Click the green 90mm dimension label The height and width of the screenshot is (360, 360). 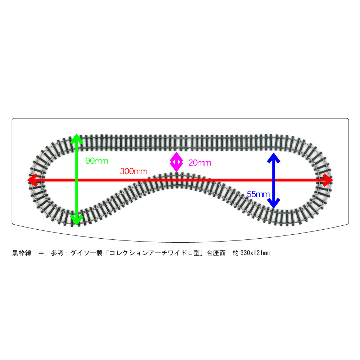(x=96, y=161)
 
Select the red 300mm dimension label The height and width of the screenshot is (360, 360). (x=134, y=171)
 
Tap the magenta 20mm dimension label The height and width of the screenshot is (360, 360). (x=200, y=163)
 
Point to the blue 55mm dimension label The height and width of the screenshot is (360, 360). (x=258, y=194)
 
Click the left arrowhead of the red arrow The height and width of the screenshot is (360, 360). (x=33, y=180)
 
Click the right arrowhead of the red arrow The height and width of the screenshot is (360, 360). (x=327, y=180)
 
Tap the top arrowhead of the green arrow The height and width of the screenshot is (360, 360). (x=77, y=139)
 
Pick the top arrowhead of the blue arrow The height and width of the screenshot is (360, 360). (x=274, y=158)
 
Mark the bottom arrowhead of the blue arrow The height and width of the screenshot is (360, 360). (x=274, y=203)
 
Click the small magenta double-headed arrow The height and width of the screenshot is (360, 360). (x=176, y=162)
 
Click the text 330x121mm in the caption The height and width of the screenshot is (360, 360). (x=255, y=253)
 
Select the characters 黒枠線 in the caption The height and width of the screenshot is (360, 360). (x=22, y=253)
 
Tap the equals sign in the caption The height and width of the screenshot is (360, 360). (x=41, y=253)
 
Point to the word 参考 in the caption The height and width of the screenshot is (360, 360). (x=57, y=253)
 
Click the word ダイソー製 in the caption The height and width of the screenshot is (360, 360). (x=86, y=253)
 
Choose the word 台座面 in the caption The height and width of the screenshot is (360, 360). (x=216, y=253)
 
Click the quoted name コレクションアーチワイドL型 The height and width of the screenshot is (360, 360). (x=154, y=253)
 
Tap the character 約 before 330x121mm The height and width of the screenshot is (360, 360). (x=235, y=253)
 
